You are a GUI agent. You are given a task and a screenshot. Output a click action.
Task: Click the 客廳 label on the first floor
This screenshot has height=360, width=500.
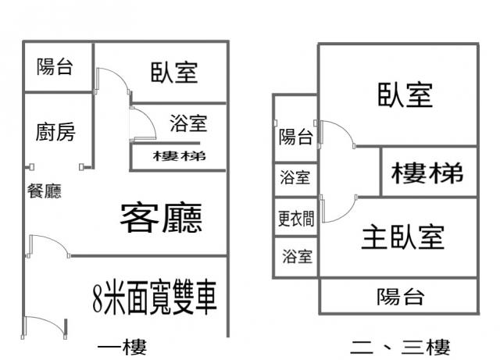click(x=161, y=218)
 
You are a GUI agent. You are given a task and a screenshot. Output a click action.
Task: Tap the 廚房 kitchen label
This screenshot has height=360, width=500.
click(x=56, y=133)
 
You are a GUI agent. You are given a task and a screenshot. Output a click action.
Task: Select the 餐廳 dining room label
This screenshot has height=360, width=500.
click(x=45, y=191)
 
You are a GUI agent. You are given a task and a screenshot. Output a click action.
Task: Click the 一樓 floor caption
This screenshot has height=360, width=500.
click(x=123, y=346)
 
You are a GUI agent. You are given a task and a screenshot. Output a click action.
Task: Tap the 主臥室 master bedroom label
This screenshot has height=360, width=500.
click(x=402, y=237)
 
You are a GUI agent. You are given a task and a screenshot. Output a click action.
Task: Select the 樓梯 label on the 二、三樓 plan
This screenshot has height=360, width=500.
click(x=427, y=173)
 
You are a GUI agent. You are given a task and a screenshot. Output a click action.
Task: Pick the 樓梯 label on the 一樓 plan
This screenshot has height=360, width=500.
click(x=180, y=156)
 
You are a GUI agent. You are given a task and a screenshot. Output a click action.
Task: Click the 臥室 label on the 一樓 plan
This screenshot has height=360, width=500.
click(x=174, y=73)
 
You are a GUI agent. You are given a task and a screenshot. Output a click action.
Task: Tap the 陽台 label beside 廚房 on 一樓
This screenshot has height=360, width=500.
click(x=55, y=67)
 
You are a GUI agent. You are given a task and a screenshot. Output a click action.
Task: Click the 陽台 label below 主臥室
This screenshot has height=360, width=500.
click(x=400, y=297)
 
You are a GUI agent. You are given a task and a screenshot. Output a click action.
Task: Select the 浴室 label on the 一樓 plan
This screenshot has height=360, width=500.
click(x=187, y=123)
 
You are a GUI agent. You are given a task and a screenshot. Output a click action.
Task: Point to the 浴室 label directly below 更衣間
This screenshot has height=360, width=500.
click(x=296, y=255)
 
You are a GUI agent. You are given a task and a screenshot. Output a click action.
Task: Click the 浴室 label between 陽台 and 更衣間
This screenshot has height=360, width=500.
click(x=296, y=177)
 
